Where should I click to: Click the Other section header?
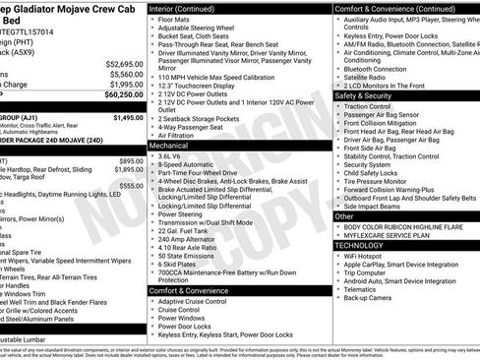tap(345, 215)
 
